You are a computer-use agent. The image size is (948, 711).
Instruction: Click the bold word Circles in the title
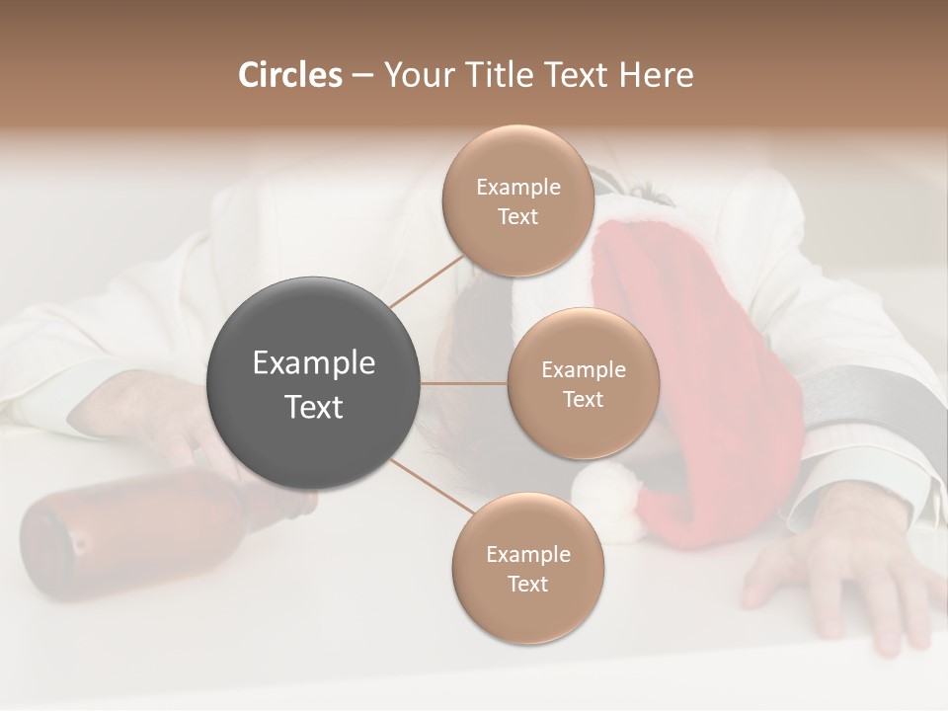click(289, 75)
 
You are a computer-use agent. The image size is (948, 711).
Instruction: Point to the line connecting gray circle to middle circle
click(464, 383)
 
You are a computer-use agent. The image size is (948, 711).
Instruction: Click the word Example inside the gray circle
click(314, 363)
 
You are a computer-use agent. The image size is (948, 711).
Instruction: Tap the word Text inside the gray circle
click(314, 407)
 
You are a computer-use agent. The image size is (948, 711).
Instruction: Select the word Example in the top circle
click(517, 187)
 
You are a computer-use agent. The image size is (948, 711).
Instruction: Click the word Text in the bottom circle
click(527, 584)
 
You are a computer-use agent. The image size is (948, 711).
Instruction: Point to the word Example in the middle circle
click(583, 370)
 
